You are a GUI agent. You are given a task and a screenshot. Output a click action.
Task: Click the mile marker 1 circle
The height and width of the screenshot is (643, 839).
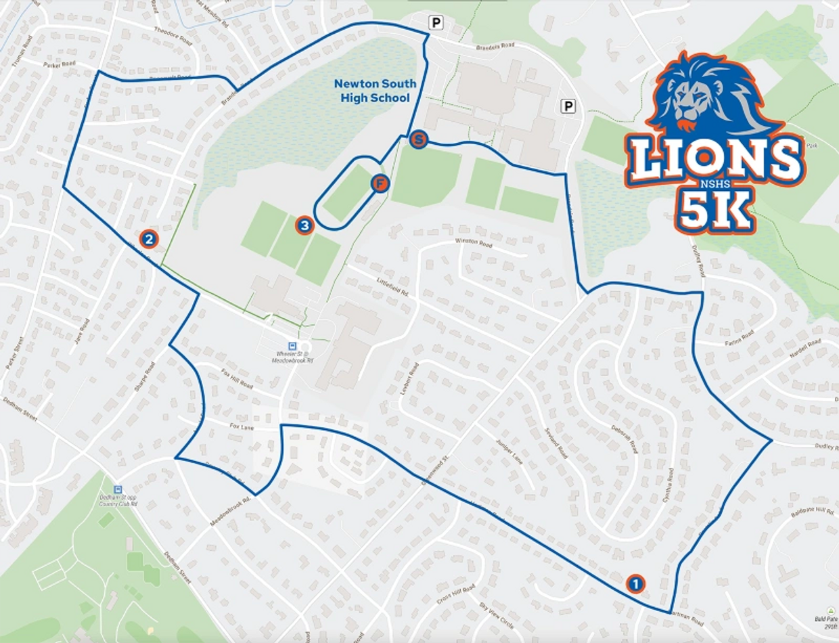click(635, 583)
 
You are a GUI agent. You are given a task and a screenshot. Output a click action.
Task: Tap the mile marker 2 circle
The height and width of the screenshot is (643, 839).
click(149, 238)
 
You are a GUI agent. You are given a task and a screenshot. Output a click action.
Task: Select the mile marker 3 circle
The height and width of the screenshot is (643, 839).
click(304, 225)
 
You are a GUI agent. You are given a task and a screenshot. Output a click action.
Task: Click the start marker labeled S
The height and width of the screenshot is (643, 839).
click(419, 140)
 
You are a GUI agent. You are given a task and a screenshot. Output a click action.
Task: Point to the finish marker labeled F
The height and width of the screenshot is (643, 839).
click(380, 183)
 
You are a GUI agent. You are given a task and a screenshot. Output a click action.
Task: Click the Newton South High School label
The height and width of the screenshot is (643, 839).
click(375, 91)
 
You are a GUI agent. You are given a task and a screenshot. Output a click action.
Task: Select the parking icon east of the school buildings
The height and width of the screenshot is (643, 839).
click(568, 106)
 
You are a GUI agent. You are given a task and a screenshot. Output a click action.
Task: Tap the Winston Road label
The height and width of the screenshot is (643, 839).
click(474, 242)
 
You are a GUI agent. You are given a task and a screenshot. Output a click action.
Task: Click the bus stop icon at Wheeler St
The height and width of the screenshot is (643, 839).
click(292, 345)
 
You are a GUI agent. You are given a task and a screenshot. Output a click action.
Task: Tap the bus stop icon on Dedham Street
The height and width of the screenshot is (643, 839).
click(118, 489)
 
